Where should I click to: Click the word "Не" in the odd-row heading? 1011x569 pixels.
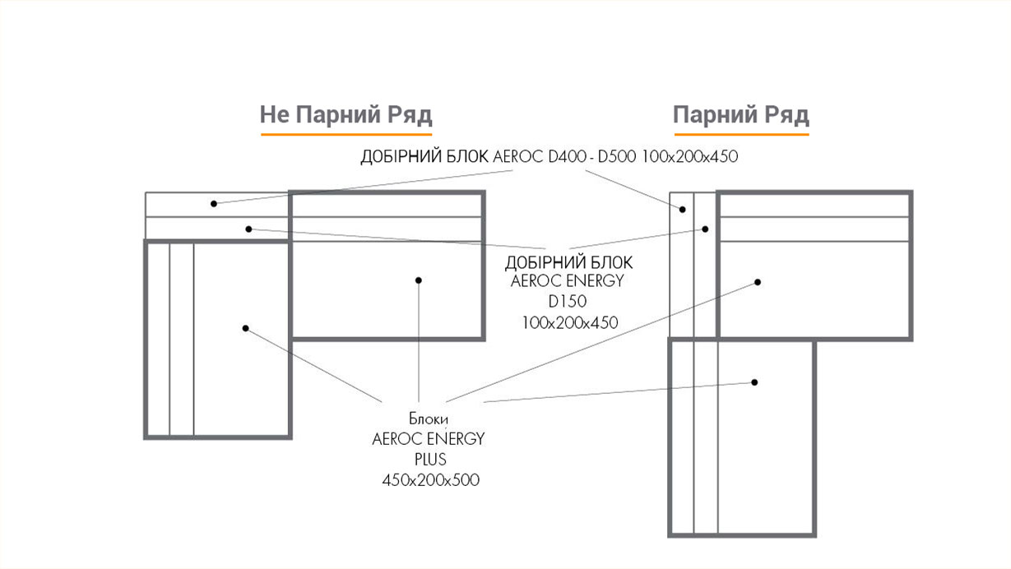pos(275,114)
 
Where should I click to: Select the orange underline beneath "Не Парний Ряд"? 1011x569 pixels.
pos(346,134)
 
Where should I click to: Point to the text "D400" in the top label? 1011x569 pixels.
pos(568,156)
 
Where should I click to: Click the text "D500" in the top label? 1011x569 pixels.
pos(617,156)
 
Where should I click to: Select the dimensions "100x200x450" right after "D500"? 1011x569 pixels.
pos(690,156)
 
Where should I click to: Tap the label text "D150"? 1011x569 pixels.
pos(568,301)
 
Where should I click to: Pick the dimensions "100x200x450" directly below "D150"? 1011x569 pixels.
pos(570,322)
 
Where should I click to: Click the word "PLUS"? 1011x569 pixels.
pos(430,460)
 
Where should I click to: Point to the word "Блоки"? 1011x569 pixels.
pos(429,419)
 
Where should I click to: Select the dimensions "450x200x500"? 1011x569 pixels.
pos(430,479)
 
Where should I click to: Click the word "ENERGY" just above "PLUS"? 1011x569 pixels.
pos(456,438)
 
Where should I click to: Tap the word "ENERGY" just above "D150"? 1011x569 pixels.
pos(596,280)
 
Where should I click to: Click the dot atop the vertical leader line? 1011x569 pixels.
pos(419,280)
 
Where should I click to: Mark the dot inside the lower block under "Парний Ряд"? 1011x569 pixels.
pos(754,382)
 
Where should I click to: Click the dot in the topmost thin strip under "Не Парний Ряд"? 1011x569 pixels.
pos(214,203)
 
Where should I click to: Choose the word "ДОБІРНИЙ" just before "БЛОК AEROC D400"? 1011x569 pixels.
pos(402,156)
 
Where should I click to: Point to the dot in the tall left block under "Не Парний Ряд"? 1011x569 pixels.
pos(245,328)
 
